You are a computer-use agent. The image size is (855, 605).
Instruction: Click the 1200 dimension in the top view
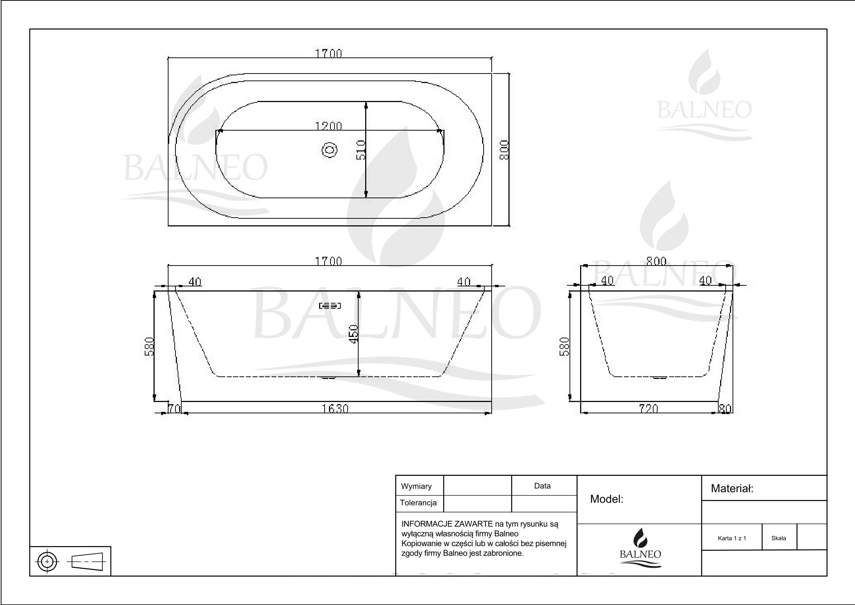point(329,126)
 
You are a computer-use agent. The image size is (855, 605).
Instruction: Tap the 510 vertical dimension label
point(361,150)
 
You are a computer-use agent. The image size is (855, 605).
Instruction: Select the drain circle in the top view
point(330,150)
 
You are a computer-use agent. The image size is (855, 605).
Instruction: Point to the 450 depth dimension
point(353,334)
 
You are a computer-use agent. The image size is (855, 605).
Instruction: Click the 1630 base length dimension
point(335,409)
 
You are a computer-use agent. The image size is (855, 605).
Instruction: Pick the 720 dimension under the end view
point(649,409)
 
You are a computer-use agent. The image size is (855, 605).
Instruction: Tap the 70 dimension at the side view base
point(174,409)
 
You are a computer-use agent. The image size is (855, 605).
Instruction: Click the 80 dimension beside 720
point(725,409)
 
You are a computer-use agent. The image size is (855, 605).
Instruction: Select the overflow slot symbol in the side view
point(330,306)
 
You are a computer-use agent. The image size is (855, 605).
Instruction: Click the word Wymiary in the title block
point(416,486)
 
